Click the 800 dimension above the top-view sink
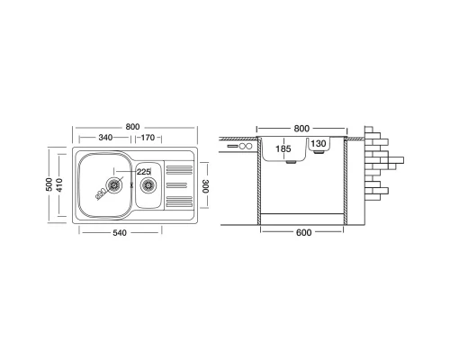click(x=133, y=127)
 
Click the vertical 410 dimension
click(x=61, y=185)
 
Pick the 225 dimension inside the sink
click(x=141, y=173)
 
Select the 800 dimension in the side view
click(x=301, y=129)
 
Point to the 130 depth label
click(x=319, y=144)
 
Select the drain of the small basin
click(x=146, y=184)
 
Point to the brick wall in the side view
click(x=380, y=162)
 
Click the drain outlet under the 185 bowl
click(x=291, y=163)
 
